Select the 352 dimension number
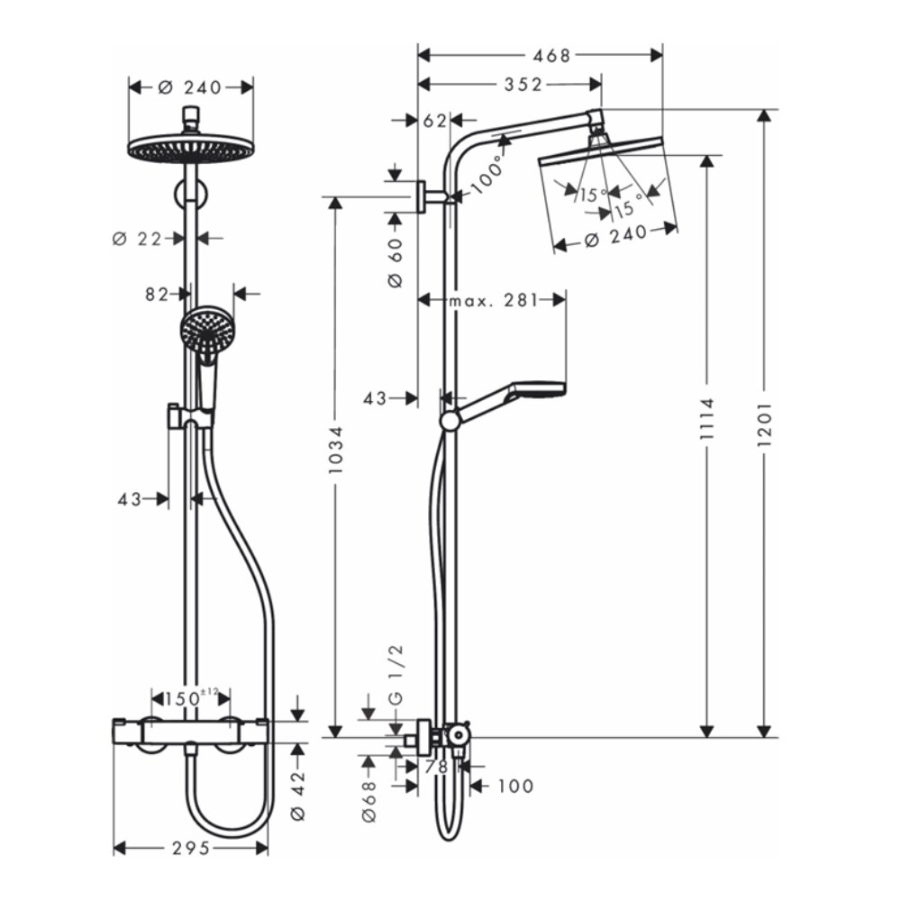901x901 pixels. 523,85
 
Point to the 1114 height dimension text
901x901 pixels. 707,422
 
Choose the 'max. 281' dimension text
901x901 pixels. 492,300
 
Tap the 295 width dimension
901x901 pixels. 190,848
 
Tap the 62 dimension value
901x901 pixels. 434,120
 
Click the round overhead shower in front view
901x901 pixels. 190,149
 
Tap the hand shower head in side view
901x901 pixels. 537,390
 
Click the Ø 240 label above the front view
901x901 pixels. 190,87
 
